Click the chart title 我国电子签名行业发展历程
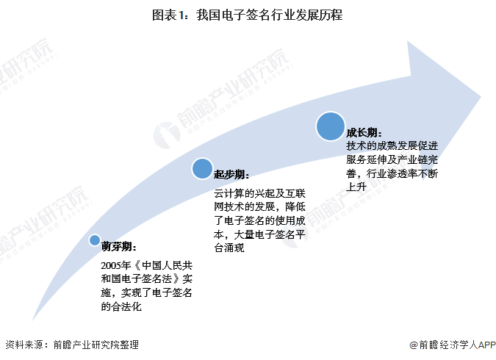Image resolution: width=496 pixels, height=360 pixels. (269, 15)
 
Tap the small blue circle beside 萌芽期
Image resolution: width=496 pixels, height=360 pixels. (95, 240)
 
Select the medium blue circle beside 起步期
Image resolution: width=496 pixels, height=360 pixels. (202, 168)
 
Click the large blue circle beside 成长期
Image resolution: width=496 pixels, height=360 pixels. (331, 126)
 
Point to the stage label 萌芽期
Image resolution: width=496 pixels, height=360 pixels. (119, 247)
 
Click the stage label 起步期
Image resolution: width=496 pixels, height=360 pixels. (231, 174)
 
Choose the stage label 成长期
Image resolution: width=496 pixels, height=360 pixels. (364, 132)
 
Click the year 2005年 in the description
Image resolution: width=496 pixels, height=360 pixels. (116, 265)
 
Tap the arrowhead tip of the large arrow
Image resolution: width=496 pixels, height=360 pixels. (481, 97)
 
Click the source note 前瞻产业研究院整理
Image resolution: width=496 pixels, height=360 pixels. (96, 345)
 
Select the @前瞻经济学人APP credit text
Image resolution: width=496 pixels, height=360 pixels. (453, 345)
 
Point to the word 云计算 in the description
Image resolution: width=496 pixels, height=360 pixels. (229, 193)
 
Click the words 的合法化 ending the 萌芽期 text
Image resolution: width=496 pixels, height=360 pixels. (121, 306)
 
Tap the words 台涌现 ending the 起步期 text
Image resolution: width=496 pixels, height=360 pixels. (229, 248)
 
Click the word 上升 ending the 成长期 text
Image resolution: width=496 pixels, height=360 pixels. (356, 187)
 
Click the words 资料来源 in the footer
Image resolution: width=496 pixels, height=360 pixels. (24, 345)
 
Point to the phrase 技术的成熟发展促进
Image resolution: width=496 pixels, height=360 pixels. (392, 145)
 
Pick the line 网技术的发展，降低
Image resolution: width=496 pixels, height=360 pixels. (259, 207)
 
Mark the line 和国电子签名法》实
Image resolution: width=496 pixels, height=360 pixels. (147, 278)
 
